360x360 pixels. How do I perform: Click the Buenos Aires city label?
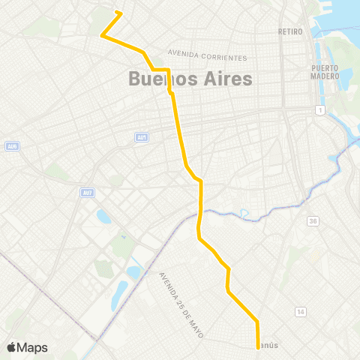(x=180, y=78)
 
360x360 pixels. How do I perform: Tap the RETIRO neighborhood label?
(x=289, y=31)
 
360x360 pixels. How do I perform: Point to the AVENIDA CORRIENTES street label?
(x=207, y=55)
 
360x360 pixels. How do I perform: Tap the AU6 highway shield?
(x=11, y=145)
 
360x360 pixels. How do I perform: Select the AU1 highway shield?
(x=142, y=136)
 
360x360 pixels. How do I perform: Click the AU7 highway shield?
(x=88, y=192)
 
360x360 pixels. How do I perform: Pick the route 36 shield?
(x=312, y=221)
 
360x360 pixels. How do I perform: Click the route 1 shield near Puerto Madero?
(x=319, y=111)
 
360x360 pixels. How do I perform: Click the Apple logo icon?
(x=11, y=347)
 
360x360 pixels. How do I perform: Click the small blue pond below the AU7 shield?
(x=103, y=217)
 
